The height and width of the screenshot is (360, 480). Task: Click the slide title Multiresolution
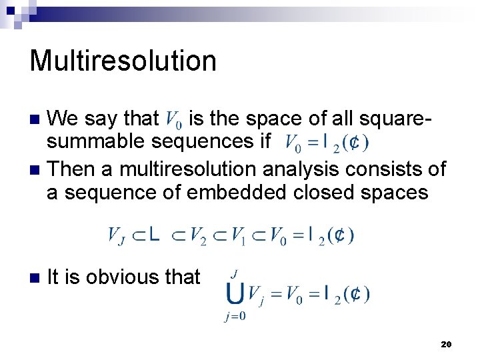click(x=123, y=61)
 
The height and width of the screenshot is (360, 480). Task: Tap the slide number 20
click(x=446, y=344)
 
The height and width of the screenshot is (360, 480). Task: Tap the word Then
click(x=71, y=169)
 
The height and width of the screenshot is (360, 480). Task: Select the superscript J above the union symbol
click(x=234, y=273)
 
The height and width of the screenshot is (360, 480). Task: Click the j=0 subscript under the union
click(x=234, y=317)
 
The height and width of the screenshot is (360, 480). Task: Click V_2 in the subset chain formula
click(x=197, y=236)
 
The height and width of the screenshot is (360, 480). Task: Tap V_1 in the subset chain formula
click(x=238, y=236)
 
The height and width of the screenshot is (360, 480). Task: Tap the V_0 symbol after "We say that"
click(x=172, y=121)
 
